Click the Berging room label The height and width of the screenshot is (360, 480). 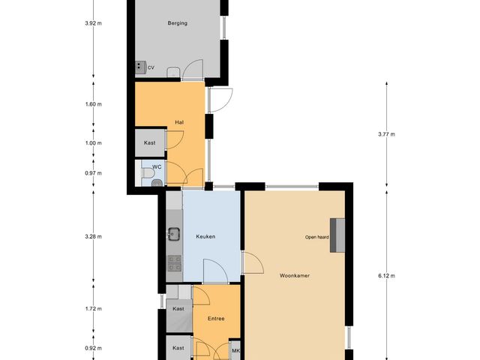tap(178, 23)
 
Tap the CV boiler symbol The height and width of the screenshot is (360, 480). tap(140, 67)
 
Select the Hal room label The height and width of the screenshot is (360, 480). tap(179, 121)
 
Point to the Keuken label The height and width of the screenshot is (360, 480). tap(205, 237)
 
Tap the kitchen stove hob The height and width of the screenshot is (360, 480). tap(173, 262)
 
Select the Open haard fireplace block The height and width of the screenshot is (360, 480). tap(339, 235)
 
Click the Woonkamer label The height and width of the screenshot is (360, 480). tap(295, 275)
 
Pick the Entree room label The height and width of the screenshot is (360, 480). tap(216, 319)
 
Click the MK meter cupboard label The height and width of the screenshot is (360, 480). tap(235, 351)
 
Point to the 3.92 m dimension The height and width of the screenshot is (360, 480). tap(93, 23)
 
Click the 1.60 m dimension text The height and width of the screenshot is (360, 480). tap(93, 104)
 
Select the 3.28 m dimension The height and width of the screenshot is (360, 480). tap(93, 237)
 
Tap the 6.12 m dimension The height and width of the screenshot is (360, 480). tap(387, 275)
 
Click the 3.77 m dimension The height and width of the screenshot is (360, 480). tap(387, 135)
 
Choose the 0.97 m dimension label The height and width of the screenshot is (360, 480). tap(93, 173)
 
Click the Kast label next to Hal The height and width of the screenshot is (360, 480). tap(150, 142)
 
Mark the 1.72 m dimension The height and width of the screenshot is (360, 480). tap(93, 308)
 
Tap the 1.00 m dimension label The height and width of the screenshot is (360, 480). tap(93, 143)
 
